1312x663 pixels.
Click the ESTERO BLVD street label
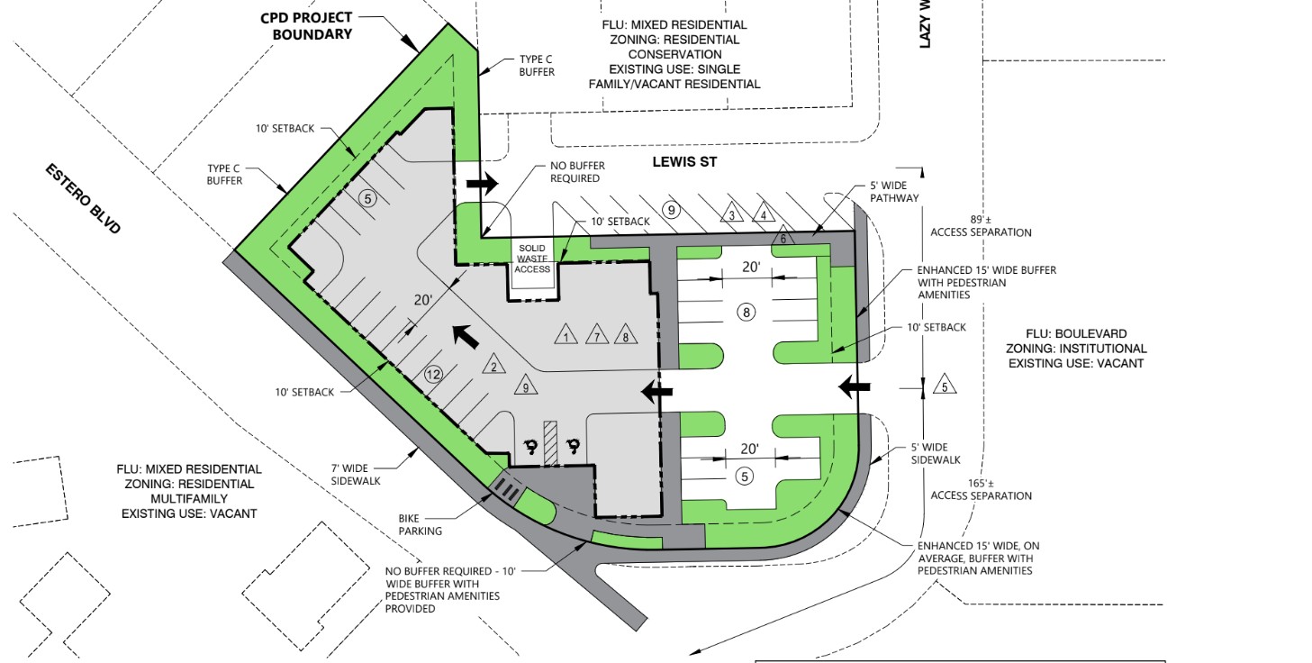[83, 198]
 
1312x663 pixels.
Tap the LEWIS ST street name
[684, 161]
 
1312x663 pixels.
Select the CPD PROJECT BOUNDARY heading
[307, 26]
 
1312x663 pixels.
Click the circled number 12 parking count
[433, 374]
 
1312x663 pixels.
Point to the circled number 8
[746, 313]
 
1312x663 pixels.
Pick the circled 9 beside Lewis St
[671, 209]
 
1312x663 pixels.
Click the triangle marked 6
[783, 237]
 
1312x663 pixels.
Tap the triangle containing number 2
[494, 365]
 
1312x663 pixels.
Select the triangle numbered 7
[596, 335]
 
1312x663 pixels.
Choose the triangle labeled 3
[731, 213]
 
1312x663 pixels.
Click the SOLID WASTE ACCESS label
[532, 259]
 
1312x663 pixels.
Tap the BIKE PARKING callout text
[420, 525]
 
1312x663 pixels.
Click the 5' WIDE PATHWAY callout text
[894, 192]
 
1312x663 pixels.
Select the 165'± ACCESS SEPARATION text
[981, 490]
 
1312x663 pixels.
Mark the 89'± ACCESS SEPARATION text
[981, 226]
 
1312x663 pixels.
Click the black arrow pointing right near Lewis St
[482, 184]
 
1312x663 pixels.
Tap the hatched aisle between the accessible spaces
[550, 443]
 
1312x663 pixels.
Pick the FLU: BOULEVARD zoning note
[1076, 349]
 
